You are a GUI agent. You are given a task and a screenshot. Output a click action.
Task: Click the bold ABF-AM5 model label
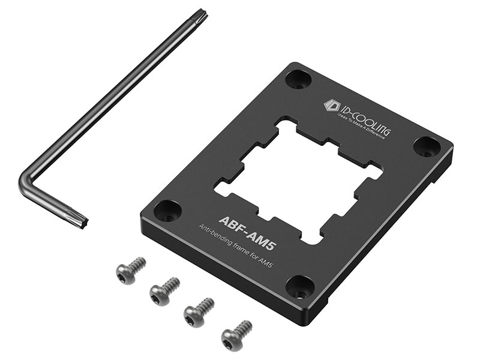[x=247, y=229]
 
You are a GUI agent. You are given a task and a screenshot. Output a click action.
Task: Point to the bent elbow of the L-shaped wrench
[x=26, y=184]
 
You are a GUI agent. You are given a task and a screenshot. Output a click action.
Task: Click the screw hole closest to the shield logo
[x=298, y=79]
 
